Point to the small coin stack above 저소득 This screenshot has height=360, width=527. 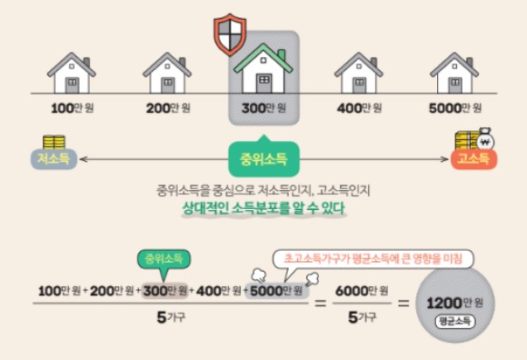55,142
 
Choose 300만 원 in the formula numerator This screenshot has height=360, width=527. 164,290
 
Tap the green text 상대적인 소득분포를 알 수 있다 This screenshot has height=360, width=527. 263,209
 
